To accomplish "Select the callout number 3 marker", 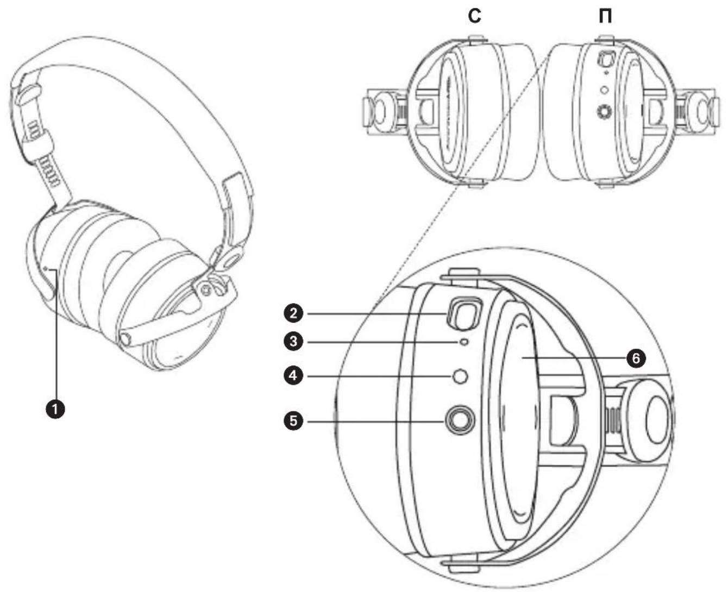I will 293,342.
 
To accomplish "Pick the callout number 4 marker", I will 293,376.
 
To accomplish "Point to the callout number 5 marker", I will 293,420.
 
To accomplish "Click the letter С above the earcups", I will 475,17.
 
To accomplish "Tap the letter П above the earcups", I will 604,17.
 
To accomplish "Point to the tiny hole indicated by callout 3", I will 464,342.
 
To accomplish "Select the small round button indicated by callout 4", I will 461,376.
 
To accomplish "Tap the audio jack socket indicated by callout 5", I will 460,420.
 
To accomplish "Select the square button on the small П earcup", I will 605,58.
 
